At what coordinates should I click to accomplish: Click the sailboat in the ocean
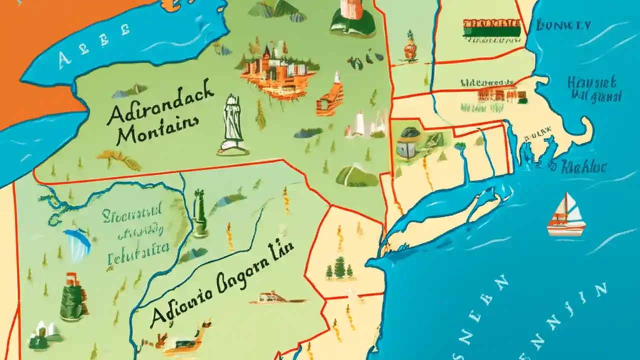coord(566,216)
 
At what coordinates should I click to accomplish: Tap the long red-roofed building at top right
coord(492,28)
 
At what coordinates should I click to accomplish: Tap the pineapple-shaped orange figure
coord(410,47)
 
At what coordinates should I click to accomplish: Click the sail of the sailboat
coord(570,207)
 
